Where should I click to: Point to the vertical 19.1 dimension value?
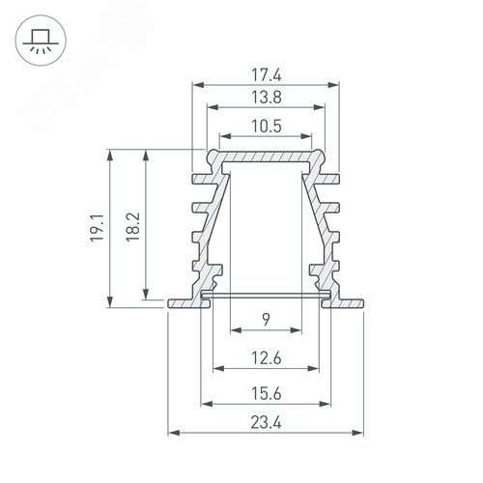[99, 229]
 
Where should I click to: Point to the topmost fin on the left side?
[200, 178]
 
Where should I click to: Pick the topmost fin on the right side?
[334, 178]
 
